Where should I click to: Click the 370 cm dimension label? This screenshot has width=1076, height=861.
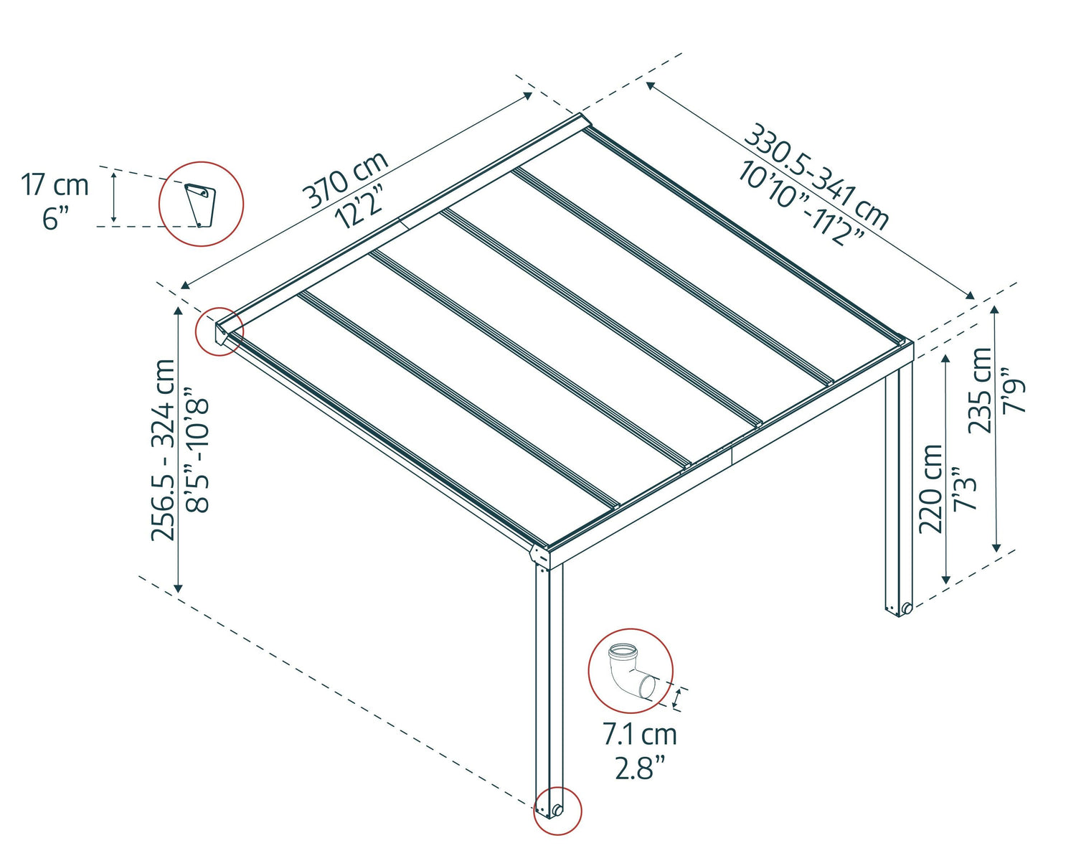(x=345, y=180)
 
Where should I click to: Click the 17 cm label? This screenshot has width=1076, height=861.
(x=55, y=185)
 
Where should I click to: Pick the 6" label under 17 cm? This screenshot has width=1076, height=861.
(x=55, y=217)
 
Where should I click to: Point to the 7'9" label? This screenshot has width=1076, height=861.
(x=1014, y=390)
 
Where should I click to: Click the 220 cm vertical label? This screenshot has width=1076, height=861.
(x=931, y=489)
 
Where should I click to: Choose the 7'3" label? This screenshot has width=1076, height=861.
(x=965, y=489)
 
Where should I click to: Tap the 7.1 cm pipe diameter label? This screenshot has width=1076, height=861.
(x=639, y=735)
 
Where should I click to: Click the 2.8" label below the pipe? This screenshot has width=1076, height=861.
(x=639, y=768)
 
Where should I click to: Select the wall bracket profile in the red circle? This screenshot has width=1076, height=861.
(x=199, y=204)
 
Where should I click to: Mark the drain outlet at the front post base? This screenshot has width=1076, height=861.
(x=557, y=811)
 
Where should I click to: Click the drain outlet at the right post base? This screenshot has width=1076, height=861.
(x=907, y=609)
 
